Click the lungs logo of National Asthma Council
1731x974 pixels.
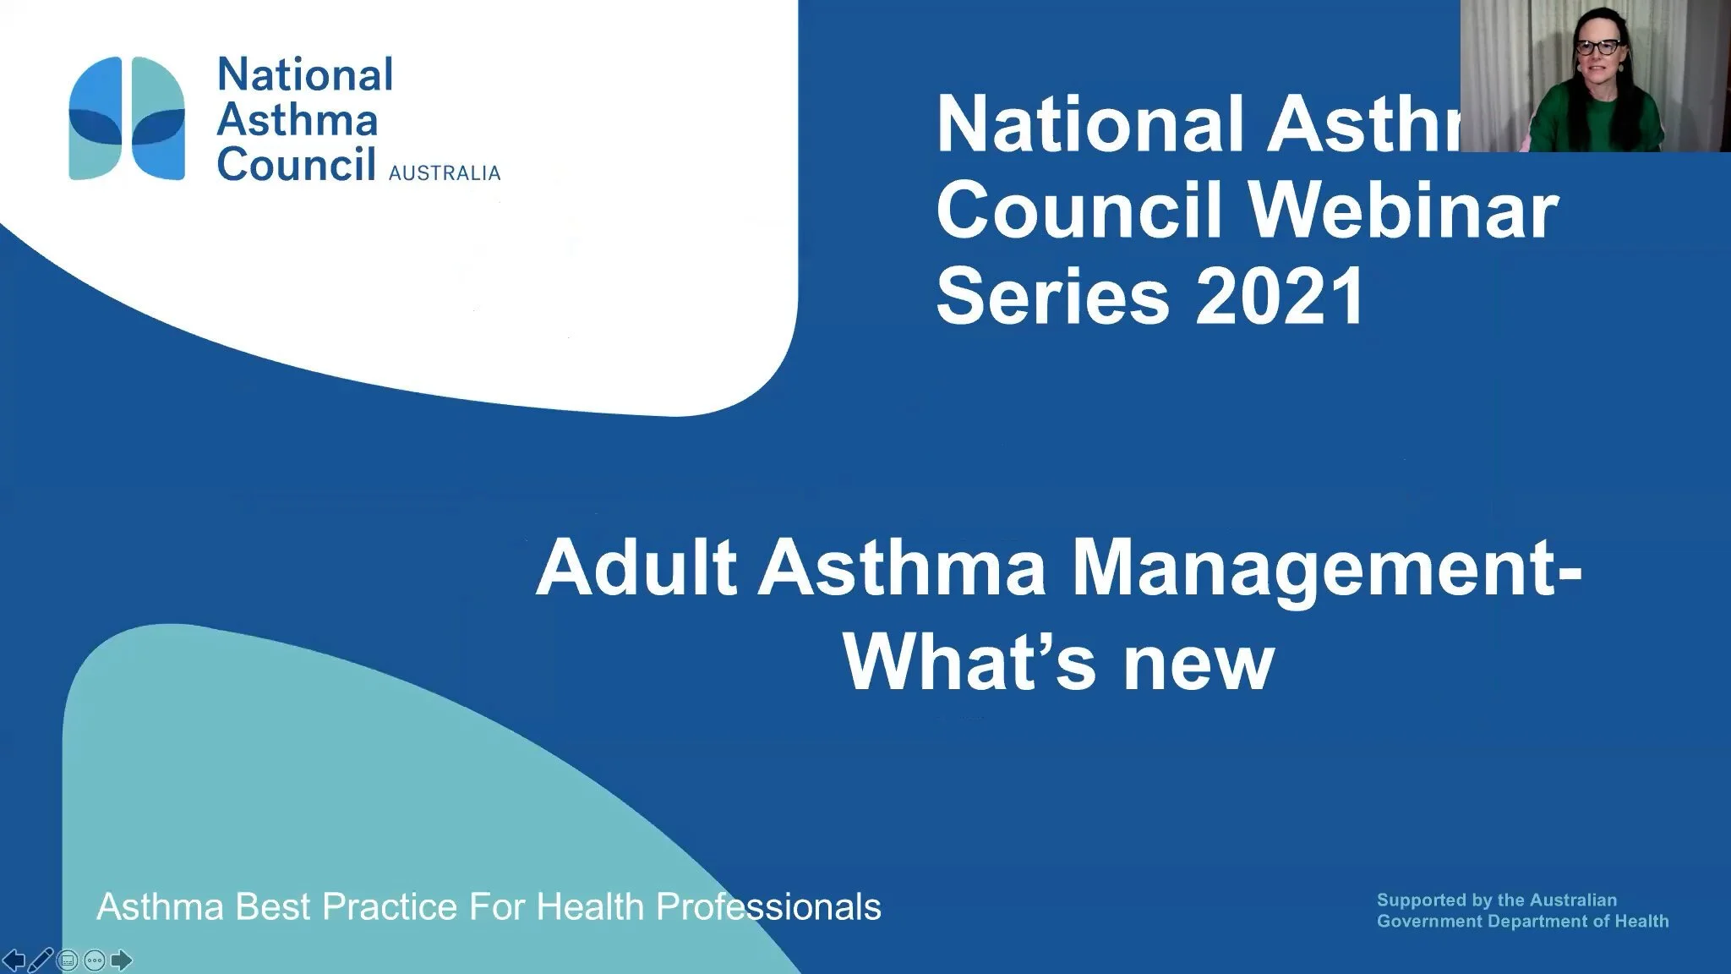(x=127, y=118)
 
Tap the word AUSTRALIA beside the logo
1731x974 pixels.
(x=444, y=173)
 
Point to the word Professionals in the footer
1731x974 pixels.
(x=768, y=907)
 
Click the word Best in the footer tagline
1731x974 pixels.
(x=274, y=907)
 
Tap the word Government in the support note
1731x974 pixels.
(x=1429, y=922)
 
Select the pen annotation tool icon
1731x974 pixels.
(x=41, y=960)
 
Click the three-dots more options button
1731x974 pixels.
(x=95, y=960)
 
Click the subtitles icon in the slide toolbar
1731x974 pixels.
(x=68, y=960)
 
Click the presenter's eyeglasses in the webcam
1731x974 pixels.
(x=1597, y=47)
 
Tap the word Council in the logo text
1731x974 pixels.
(x=296, y=163)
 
